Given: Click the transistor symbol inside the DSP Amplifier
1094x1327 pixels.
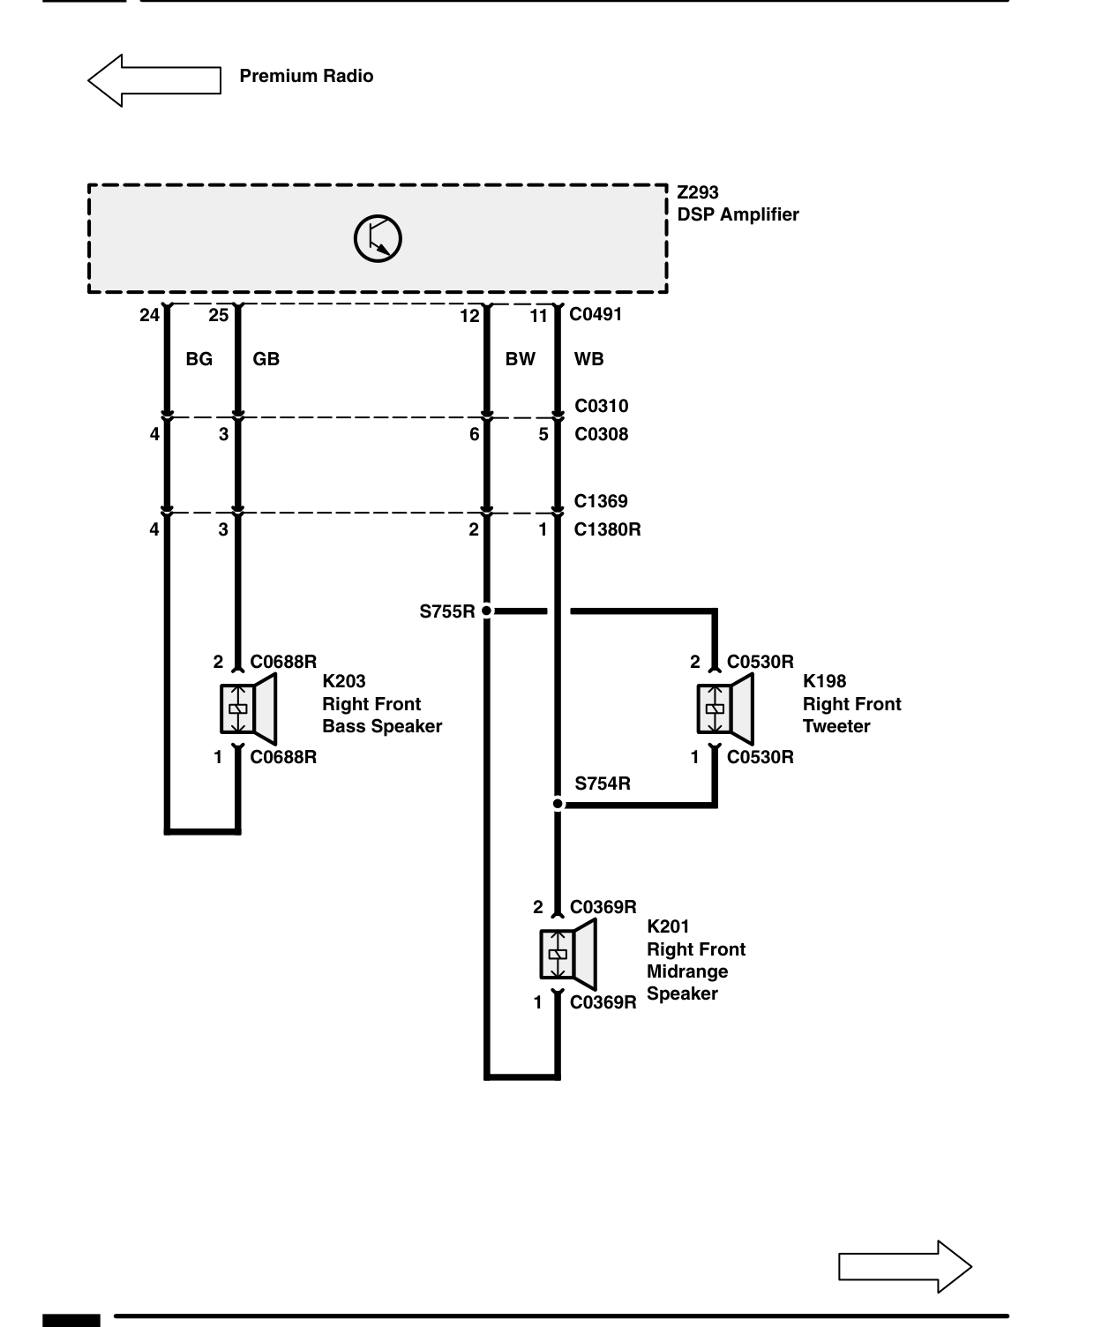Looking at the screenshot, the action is (x=378, y=238).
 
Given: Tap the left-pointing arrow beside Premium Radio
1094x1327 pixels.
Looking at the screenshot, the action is (x=154, y=80).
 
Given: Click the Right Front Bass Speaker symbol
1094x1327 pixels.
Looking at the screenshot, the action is (x=249, y=708).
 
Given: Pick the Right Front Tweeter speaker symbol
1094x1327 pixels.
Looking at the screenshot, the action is (x=725, y=708).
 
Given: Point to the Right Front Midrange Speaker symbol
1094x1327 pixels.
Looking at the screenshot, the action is (x=568, y=954).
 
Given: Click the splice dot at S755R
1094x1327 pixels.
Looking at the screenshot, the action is (x=487, y=611).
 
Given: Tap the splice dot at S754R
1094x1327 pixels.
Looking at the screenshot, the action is (x=558, y=804).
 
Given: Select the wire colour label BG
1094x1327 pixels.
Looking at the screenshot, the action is (x=199, y=359).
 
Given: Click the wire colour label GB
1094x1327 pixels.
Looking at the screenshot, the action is (x=266, y=359).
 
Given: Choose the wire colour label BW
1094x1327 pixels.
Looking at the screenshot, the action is (x=520, y=359).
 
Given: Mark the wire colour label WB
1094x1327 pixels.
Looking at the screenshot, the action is (x=588, y=359).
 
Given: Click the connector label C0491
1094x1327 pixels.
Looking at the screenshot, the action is (x=595, y=314).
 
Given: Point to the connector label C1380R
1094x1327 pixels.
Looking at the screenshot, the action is (x=607, y=529).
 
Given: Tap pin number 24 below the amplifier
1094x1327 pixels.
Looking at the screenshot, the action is (x=149, y=315).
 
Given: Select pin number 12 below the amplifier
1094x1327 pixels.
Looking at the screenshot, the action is (x=469, y=316).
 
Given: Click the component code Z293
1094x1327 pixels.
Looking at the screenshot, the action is (x=697, y=192).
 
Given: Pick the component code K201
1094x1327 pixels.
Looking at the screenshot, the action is (x=668, y=926).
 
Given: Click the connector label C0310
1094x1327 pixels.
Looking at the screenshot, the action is (x=602, y=406).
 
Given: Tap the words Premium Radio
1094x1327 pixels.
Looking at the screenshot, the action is (x=306, y=76).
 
